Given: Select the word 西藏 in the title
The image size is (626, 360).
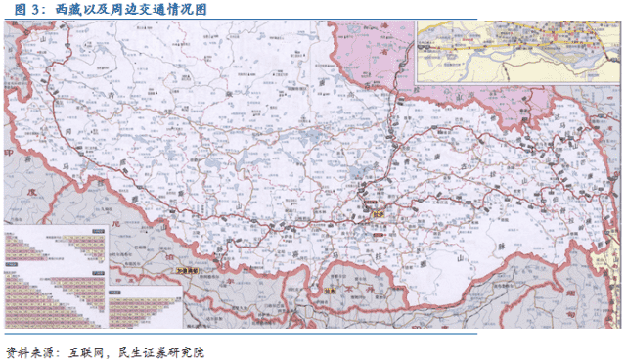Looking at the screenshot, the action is (x=55, y=9).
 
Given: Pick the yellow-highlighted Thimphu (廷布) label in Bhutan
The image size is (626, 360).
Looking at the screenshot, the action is (x=332, y=290).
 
